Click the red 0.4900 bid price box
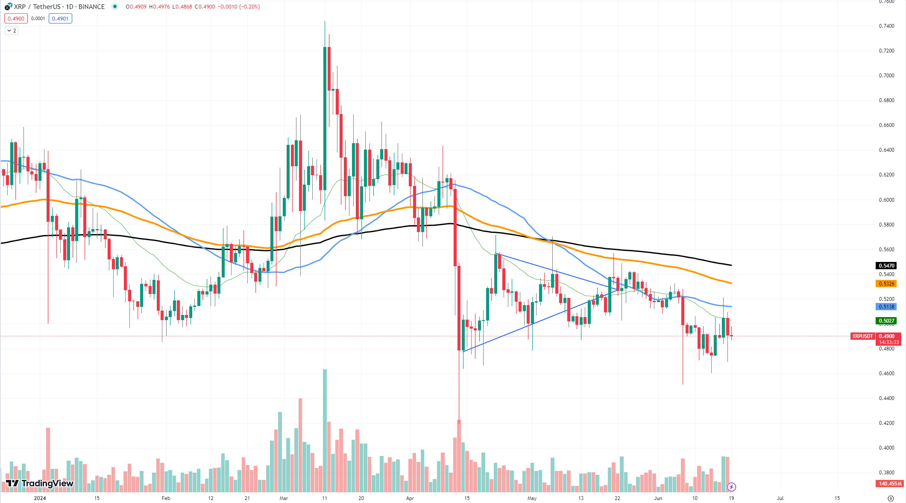[16, 18]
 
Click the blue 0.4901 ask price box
[60, 18]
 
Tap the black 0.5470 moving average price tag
[886, 266]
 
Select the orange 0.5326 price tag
[886, 284]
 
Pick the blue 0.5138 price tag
[886, 307]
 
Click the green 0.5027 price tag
[886, 321]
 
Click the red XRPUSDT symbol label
[862, 336]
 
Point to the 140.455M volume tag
[890, 484]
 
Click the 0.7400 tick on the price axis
[886, 26]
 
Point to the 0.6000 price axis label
[886, 200]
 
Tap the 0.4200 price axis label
[886, 423]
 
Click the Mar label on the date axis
[284, 498]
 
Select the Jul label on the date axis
[780, 498]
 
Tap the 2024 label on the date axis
[40, 498]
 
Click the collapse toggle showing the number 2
[12, 31]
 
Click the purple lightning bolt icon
[731, 487]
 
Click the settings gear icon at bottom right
[891, 498]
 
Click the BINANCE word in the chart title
[91, 7]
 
